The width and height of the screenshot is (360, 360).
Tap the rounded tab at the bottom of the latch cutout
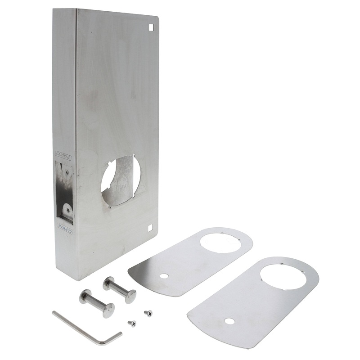(67, 211)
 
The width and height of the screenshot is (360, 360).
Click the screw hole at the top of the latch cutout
(67, 171)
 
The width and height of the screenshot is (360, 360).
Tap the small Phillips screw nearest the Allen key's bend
(131, 323)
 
